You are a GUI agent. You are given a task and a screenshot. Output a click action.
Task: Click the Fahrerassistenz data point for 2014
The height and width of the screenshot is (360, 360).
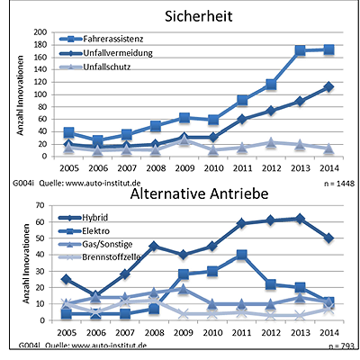coord(328,49)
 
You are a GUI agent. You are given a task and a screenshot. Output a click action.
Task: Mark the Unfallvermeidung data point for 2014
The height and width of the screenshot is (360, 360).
coord(328,86)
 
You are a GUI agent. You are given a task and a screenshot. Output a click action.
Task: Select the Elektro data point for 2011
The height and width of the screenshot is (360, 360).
coord(242,254)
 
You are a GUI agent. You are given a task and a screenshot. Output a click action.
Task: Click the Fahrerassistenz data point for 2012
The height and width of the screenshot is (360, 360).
coord(272,84)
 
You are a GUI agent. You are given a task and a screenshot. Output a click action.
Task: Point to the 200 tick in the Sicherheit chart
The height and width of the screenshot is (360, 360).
coord(40,32)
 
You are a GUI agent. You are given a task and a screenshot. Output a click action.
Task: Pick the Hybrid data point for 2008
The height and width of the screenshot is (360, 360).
coord(156,245)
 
